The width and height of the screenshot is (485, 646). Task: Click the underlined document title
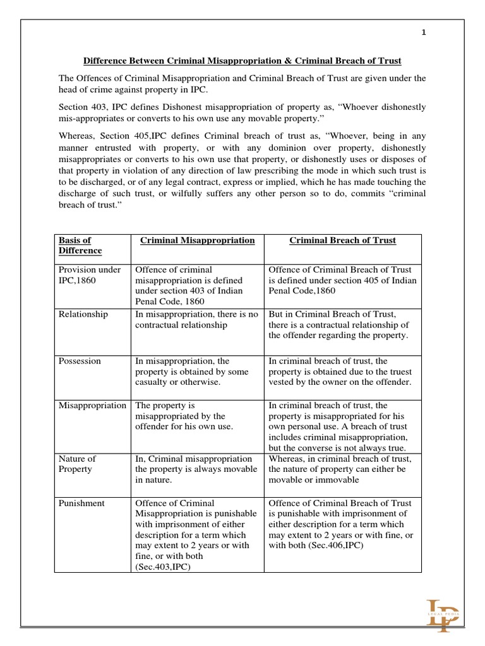coord(242,61)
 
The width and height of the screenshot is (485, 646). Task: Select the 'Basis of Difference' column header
coord(80,245)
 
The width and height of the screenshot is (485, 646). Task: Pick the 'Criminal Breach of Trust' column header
coord(342,240)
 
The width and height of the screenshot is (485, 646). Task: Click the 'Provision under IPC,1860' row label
coord(89,275)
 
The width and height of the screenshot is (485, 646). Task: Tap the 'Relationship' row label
coord(83,314)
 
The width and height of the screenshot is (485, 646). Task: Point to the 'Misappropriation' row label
coord(92,405)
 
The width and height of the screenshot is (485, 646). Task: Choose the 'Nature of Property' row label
coord(77,464)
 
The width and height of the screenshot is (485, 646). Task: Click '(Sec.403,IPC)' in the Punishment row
coord(164,567)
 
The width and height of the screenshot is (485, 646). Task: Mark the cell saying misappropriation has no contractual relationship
coord(196,320)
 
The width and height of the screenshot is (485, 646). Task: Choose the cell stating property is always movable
coord(196,469)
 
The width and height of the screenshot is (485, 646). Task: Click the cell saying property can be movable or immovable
coord(342,469)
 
